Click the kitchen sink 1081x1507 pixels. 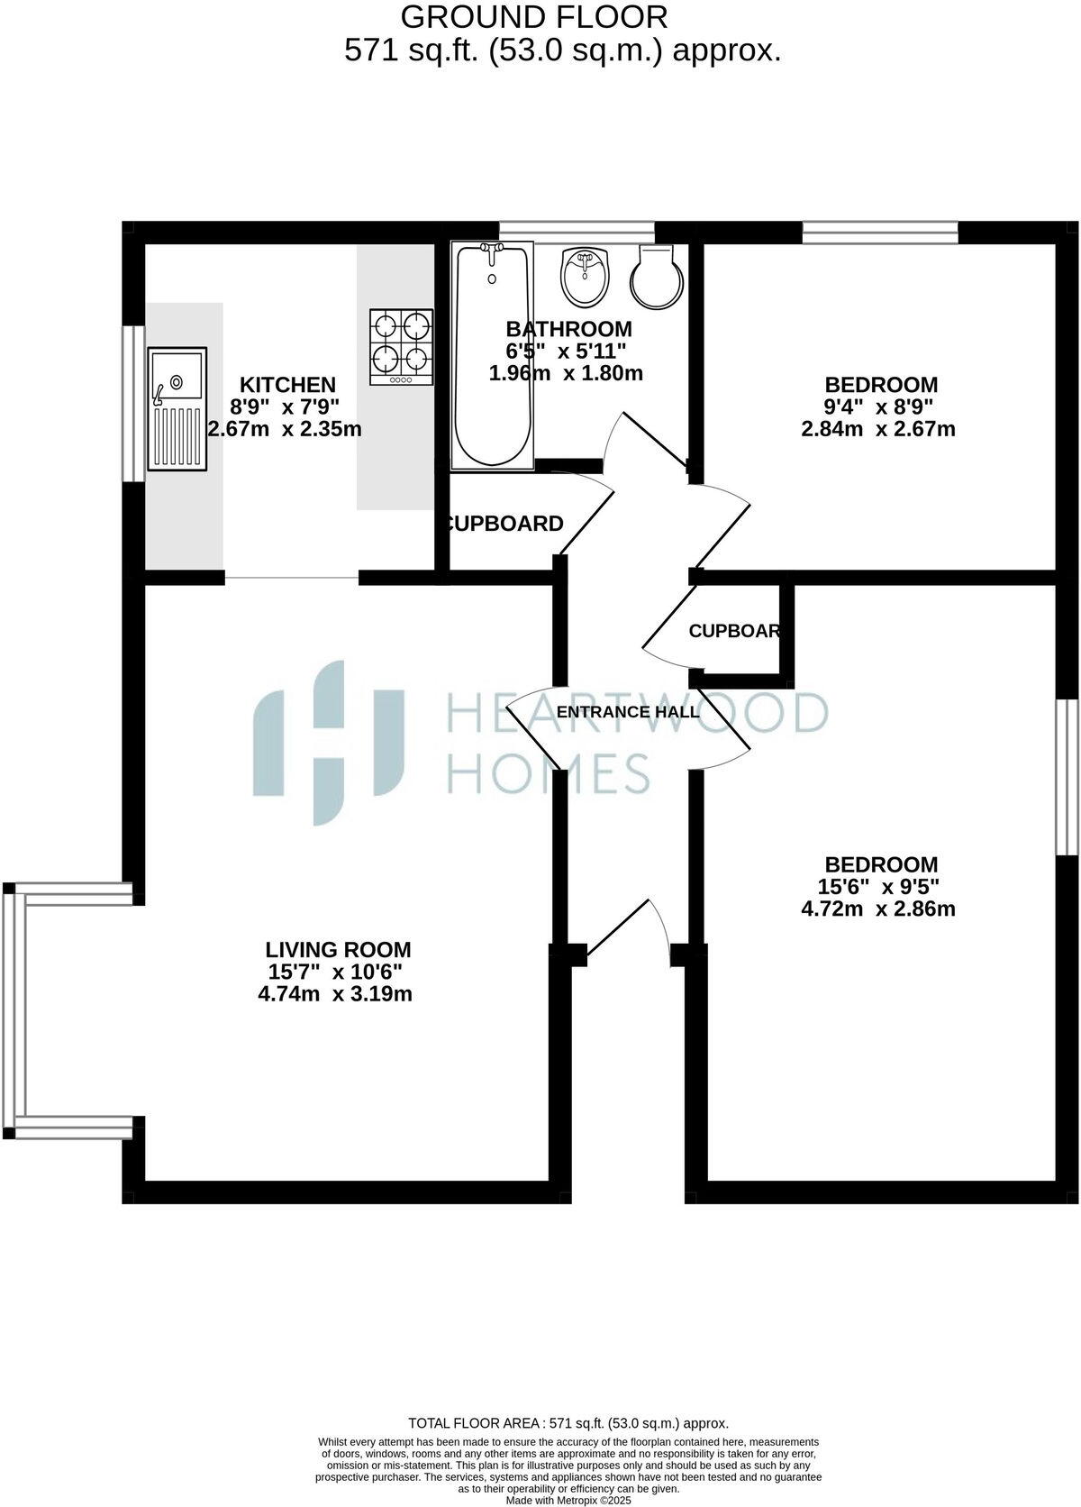pyautogui.click(x=178, y=409)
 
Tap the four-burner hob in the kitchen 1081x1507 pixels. pyautogui.click(x=401, y=348)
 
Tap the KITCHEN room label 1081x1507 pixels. pyautogui.click(x=287, y=386)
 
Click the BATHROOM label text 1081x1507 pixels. pyautogui.click(x=568, y=329)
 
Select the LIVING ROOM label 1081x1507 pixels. pyautogui.click(x=338, y=949)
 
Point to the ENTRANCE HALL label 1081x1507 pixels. pyautogui.click(x=628, y=712)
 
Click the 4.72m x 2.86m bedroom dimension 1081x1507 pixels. pyautogui.click(x=878, y=909)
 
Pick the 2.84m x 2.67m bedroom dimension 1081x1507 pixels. pyautogui.click(x=878, y=429)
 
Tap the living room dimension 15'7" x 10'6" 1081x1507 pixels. pyautogui.click(x=335, y=972)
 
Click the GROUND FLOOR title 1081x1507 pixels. pyautogui.click(x=534, y=16)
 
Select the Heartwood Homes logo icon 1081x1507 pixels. pyautogui.click(x=329, y=742)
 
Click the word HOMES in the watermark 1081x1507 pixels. pyautogui.click(x=549, y=773)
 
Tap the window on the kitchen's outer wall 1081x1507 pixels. pyautogui.click(x=134, y=403)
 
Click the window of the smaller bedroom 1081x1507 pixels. pyautogui.click(x=880, y=233)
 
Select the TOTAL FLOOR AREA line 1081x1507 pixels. pyautogui.click(x=568, y=1423)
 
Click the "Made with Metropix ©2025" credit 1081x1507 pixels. pyautogui.click(x=568, y=1501)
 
